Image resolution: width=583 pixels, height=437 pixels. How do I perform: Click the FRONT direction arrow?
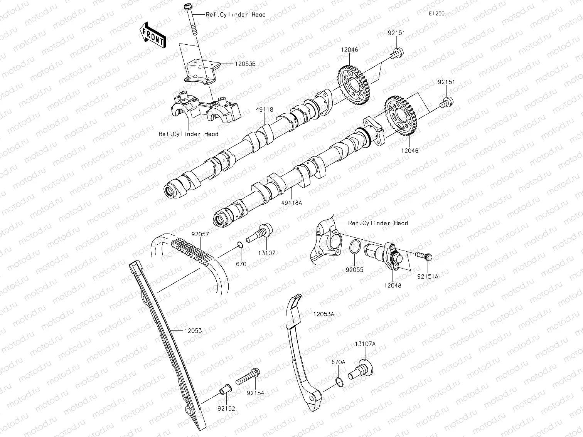click(x=153, y=35)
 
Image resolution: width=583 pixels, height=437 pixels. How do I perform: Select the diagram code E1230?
click(x=436, y=13)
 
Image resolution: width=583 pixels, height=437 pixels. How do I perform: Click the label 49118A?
click(x=291, y=201)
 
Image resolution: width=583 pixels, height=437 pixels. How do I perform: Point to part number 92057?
click(x=200, y=234)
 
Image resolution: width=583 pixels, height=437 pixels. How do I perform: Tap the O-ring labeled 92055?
click(x=355, y=247)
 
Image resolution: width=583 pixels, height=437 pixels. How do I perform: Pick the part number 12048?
click(x=393, y=286)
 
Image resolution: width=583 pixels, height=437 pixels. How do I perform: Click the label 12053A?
click(x=324, y=314)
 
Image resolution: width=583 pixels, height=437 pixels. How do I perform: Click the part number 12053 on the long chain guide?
click(x=193, y=331)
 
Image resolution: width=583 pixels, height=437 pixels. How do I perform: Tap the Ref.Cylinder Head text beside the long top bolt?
click(x=236, y=15)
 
